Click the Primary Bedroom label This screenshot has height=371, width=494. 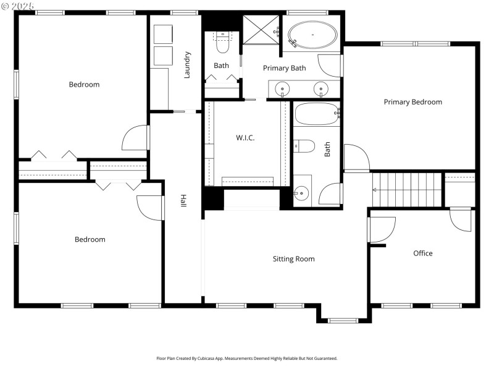click(412, 102)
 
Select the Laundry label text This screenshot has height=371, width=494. click(187, 65)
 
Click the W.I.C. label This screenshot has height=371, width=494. click(245, 138)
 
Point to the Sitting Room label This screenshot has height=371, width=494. click(293, 259)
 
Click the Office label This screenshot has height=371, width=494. click(423, 253)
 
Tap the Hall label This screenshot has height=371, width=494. click(183, 201)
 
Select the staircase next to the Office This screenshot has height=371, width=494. click(408, 189)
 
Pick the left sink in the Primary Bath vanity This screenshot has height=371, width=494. click(283, 89)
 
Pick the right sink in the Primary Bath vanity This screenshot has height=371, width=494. click(320, 89)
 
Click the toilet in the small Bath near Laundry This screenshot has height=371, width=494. click(222, 44)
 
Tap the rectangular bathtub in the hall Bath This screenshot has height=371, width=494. click(317, 114)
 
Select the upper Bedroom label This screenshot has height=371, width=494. click(84, 85)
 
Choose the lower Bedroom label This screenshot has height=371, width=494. click(90, 239)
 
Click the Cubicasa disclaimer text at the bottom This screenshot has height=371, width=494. click(246, 358)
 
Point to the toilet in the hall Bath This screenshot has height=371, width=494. click(304, 146)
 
